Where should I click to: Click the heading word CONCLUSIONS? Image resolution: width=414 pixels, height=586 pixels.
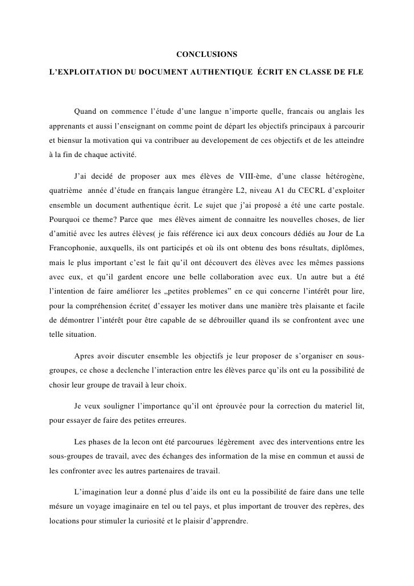click(x=207, y=55)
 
